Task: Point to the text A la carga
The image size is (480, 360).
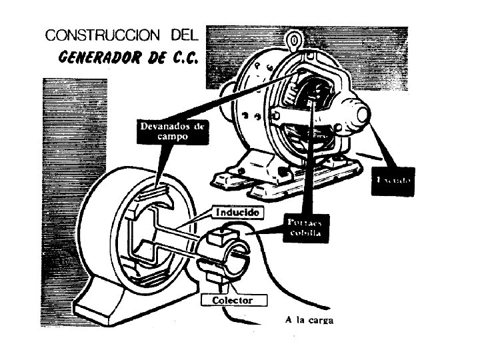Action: point(309,321)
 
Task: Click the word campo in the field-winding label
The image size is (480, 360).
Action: point(155,135)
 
